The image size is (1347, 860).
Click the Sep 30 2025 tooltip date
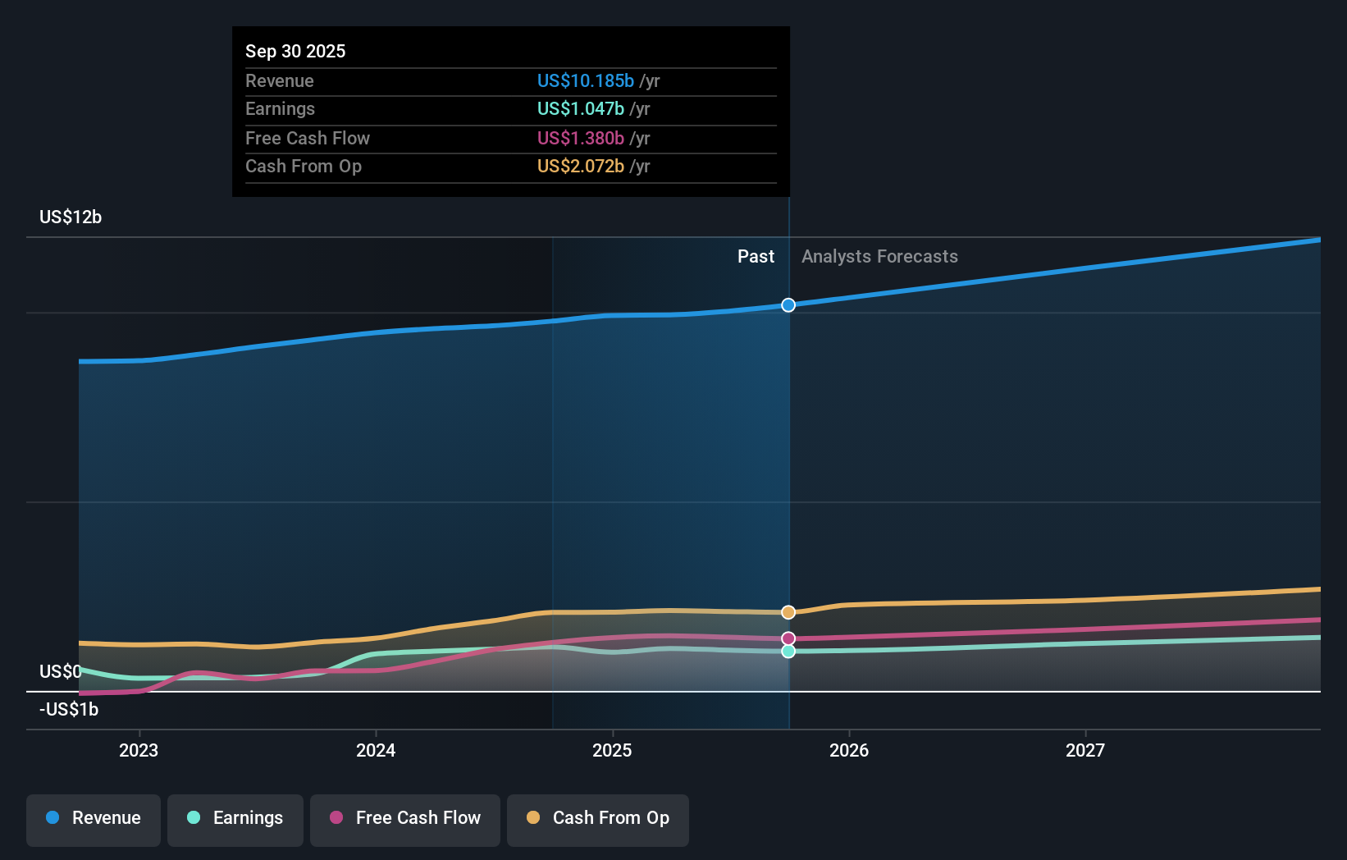[x=295, y=51]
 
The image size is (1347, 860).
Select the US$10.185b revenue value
[x=585, y=80]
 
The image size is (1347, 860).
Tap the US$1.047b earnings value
[x=580, y=108]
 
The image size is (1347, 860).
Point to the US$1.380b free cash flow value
[x=580, y=138]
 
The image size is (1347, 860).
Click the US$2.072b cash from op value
[x=580, y=166]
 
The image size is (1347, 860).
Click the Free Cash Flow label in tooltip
[x=307, y=138]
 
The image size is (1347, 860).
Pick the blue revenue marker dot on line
[x=788, y=305]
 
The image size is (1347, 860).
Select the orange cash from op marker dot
[x=788, y=612]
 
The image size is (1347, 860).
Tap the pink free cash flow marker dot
[x=788, y=638]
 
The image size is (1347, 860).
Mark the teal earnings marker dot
[x=788, y=651]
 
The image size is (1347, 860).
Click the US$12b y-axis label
[x=71, y=217]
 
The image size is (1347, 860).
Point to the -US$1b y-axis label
[x=69, y=709]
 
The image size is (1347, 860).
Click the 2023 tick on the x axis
[x=139, y=750]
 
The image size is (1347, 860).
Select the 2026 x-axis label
[x=849, y=750]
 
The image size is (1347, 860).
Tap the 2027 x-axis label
[x=1085, y=750]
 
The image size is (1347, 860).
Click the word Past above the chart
[x=756, y=256]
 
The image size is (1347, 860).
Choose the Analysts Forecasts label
[x=879, y=256]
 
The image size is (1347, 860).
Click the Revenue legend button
[x=94, y=818]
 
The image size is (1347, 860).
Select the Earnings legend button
[x=235, y=818]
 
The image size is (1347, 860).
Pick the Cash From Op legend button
[x=598, y=818]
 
